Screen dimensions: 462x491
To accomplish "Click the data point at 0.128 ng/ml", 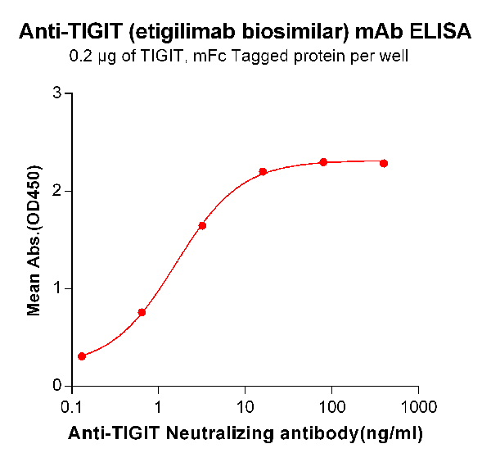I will [82, 356].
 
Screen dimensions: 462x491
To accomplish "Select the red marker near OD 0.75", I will [142, 312].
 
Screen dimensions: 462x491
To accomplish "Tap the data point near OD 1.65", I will [202, 225].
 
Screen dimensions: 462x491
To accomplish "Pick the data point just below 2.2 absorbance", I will [263, 171].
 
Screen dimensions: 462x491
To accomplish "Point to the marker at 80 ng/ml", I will [323, 162].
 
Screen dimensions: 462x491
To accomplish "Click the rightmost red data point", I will [384, 163].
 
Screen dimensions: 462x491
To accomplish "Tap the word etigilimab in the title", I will [187, 33].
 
